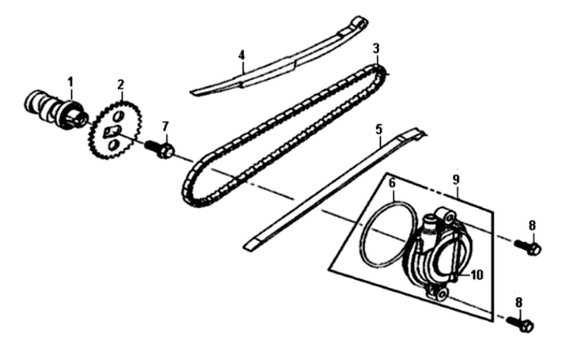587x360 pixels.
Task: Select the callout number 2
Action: pyautogui.click(x=121, y=85)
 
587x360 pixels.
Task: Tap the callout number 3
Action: pyautogui.click(x=376, y=47)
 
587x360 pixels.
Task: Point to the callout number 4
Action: pyautogui.click(x=241, y=55)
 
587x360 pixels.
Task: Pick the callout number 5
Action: pyautogui.click(x=379, y=127)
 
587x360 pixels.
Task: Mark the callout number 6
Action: pyautogui.click(x=392, y=181)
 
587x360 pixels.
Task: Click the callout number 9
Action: pyautogui.click(x=456, y=179)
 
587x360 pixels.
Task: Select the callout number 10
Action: pyautogui.click(x=477, y=275)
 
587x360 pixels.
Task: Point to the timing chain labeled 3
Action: pyautogui.click(x=285, y=133)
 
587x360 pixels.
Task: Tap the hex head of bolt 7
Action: pyautogui.click(x=165, y=150)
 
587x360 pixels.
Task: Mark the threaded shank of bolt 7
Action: pyautogui.click(x=151, y=145)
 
